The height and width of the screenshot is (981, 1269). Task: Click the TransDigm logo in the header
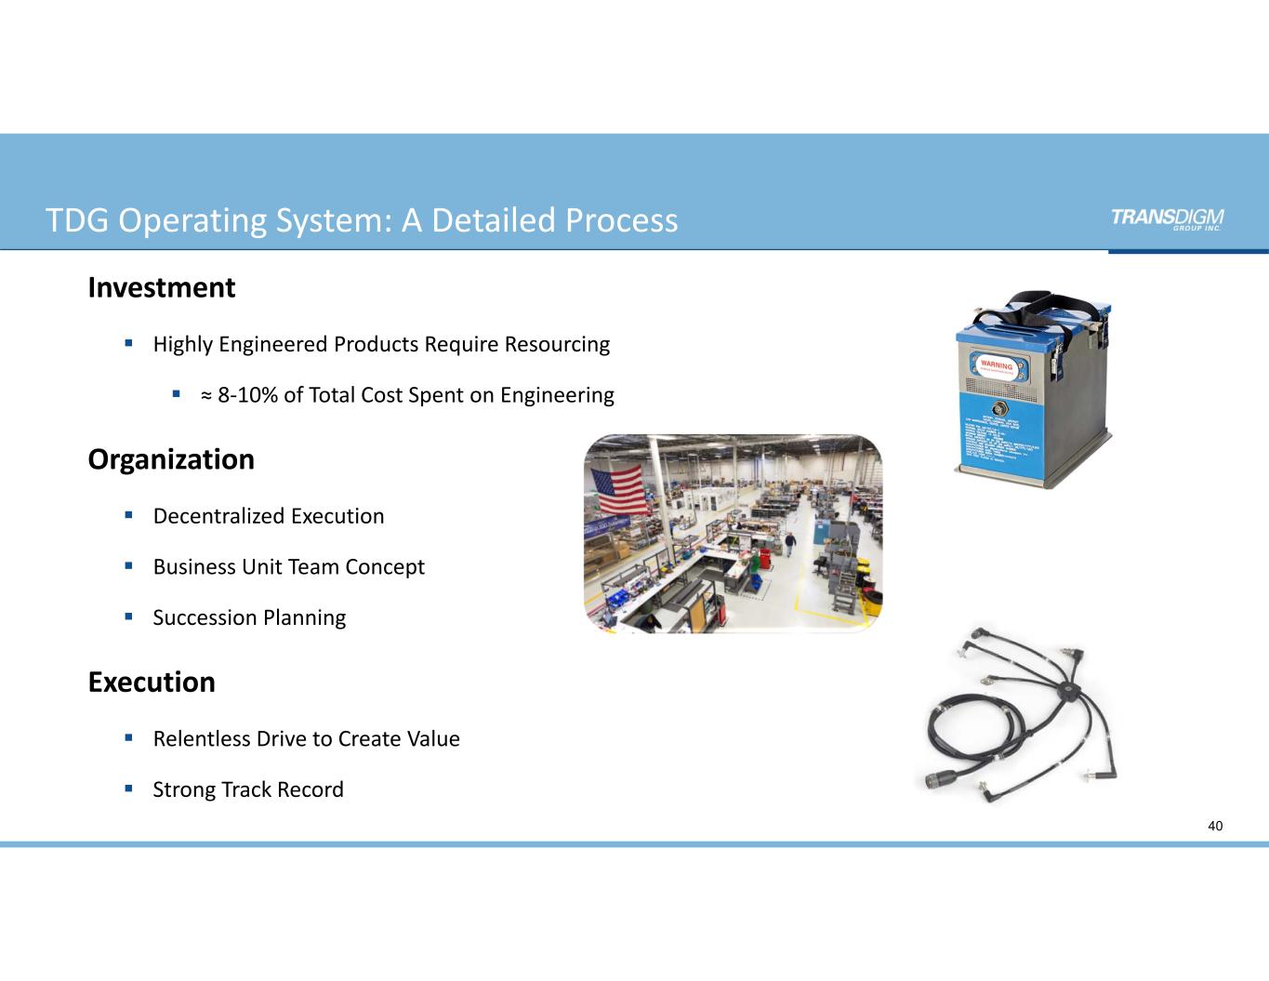pyautogui.click(x=1167, y=218)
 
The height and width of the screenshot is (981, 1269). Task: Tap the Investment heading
pyautogui.click(x=162, y=288)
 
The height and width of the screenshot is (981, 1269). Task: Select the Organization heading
pyautogui.click(x=171, y=459)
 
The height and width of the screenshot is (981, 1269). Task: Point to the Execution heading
pyautogui.click(x=152, y=683)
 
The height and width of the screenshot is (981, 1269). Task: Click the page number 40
pyautogui.click(x=1215, y=826)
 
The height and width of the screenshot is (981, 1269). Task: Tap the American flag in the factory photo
pyautogui.click(x=615, y=488)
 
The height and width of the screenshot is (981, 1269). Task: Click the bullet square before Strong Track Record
pyautogui.click(x=130, y=788)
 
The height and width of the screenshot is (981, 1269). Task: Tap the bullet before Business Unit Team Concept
pyautogui.click(x=130, y=565)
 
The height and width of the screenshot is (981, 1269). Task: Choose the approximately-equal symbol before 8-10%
pyautogui.click(x=205, y=396)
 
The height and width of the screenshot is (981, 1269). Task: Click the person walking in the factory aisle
pyautogui.click(x=789, y=543)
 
